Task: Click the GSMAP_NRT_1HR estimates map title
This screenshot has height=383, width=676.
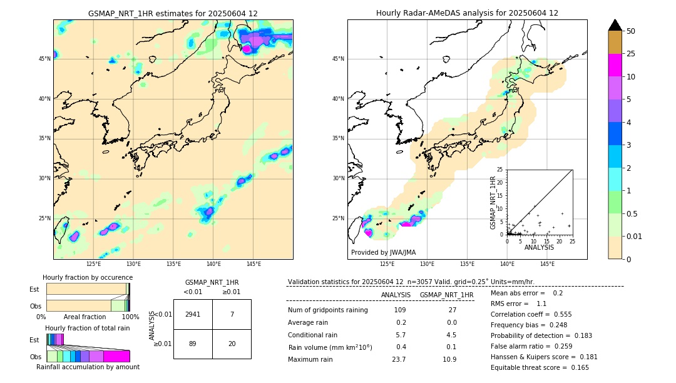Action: (173, 13)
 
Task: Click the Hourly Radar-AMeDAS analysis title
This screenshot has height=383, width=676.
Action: (467, 13)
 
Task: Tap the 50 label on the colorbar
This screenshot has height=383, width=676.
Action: (631, 31)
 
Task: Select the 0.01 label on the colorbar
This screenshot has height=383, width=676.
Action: (635, 236)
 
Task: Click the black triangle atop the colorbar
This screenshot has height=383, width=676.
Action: (615, 25)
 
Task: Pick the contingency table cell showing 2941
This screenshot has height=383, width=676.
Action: (193, 314)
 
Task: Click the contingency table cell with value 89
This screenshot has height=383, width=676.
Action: (193, 344)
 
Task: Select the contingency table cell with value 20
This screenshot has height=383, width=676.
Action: (232, 344)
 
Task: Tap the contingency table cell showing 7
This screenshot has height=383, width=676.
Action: (232, 314)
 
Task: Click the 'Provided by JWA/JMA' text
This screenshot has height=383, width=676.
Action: (383, 252)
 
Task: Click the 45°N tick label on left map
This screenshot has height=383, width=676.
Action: (44, 59)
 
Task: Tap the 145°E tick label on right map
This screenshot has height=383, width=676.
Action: (547, 264)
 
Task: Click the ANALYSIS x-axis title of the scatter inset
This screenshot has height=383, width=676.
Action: (540, 248)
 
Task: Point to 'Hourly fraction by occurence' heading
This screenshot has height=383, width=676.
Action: (88, 277)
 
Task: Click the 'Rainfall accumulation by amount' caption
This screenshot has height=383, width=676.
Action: (88, 367)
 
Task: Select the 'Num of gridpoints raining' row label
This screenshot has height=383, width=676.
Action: (327, 310)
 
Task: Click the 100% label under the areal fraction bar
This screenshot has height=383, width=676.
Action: (130, 317)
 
